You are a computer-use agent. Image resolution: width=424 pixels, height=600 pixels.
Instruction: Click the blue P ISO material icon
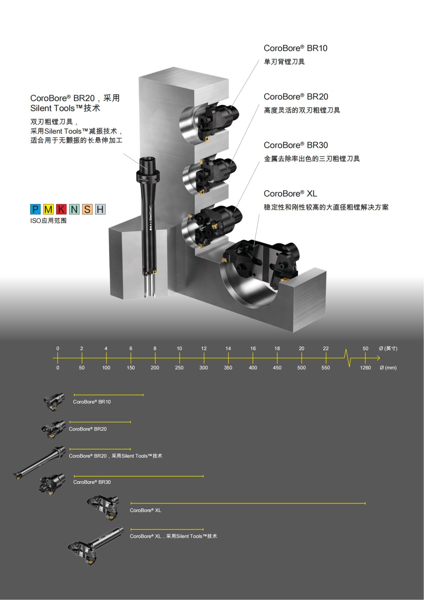[x=35, y=209]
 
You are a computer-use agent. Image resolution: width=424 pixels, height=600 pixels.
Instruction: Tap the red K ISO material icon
[x=61, y=209]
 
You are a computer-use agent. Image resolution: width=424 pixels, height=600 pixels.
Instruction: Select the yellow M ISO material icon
[x=48, y=209]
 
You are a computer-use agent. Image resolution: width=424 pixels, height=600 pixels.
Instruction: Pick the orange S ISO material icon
[x=87, y=209]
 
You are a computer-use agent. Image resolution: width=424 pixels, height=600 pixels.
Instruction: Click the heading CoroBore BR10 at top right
[x=295, y=48]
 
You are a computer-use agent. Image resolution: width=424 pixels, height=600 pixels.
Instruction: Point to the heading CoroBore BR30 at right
[x=296, y=145]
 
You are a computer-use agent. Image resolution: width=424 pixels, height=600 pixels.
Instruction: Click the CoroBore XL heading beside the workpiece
[x=290, y=194]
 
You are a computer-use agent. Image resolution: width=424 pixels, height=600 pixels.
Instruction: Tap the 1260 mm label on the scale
[x=365, y=368]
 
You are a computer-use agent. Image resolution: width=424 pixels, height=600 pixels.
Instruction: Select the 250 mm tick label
[x=179, y=368]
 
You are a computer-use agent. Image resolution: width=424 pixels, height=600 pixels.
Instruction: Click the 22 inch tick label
[x=326, y=349]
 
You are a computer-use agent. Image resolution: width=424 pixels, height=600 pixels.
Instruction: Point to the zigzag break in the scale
[x=348, y=358]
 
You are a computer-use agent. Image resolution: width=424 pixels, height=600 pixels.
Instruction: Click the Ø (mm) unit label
[x=388, y=368]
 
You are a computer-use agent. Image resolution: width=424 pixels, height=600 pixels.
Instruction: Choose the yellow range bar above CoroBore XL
[x=248, y=503]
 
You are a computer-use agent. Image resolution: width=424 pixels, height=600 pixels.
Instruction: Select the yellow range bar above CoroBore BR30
[x=139, y=476]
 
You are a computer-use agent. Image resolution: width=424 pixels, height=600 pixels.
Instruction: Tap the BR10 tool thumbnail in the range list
[x=54, y=401]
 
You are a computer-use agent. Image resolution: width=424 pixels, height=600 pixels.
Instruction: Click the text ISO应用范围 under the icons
[x=48, y=221]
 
